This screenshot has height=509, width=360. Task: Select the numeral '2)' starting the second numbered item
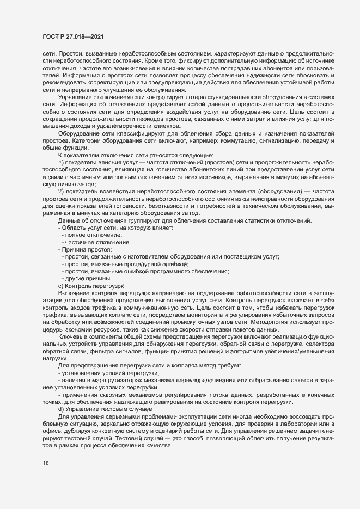tap(62, 191)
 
